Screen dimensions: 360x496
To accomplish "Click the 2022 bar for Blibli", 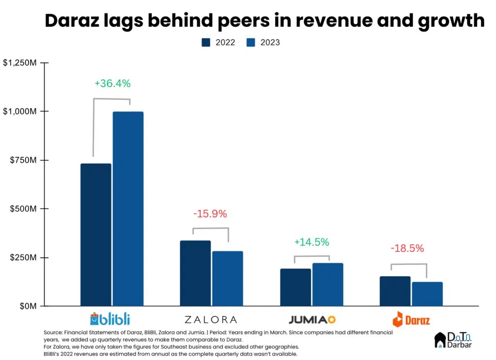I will pyautogui.click(x=96, y=235).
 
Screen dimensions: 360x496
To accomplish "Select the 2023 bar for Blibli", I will pyautogui.click(x=128, y=209).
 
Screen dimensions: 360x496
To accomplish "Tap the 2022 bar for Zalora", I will pyautogui.click(x=195, y=273).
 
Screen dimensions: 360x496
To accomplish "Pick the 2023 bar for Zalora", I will pyautogui.click(x=227, y=279).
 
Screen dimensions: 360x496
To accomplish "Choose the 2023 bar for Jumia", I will pyautogui.click(x=327, y=284).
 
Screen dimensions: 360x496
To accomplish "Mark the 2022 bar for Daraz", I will pyautogui.click(x=395, y=291).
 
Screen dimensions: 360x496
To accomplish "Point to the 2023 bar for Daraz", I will pyautogui.click(x=427, y=294).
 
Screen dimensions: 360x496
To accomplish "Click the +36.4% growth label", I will pyautogui.click(x=112, y=83).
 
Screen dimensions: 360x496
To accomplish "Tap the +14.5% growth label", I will pyautogui.click(x=311, y=242).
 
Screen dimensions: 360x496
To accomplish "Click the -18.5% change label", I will pyautogui.click(x=407, y=249).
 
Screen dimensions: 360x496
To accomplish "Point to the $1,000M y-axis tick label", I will pyautogui.click(x=20, y=111).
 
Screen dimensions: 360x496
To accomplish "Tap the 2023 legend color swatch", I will pyautogui.click(x=251, y=43).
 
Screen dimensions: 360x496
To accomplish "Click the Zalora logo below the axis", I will pyautogui.click(x=211, y=319).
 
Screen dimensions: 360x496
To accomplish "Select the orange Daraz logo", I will pyautogui.click(x=411, y=319).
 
